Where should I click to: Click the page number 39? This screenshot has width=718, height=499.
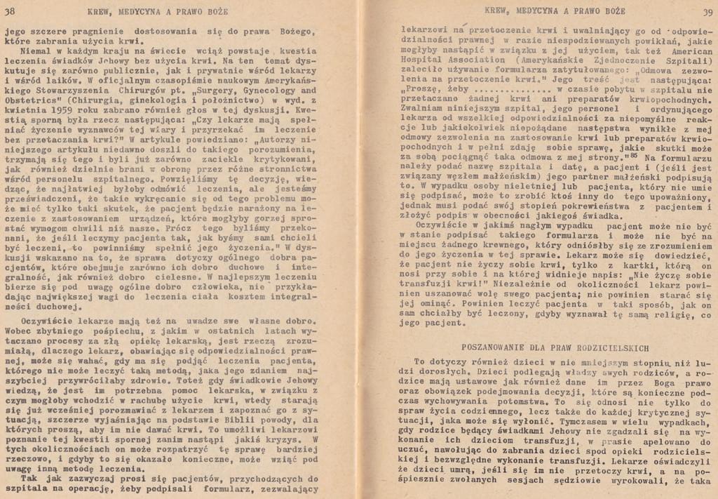pyautogui.click(x=706, y=12)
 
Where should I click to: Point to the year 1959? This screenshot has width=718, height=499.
pyautogui.click(x=55, y=110)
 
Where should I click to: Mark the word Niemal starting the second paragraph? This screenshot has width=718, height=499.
pyautogui.click(x=32, y=51)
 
